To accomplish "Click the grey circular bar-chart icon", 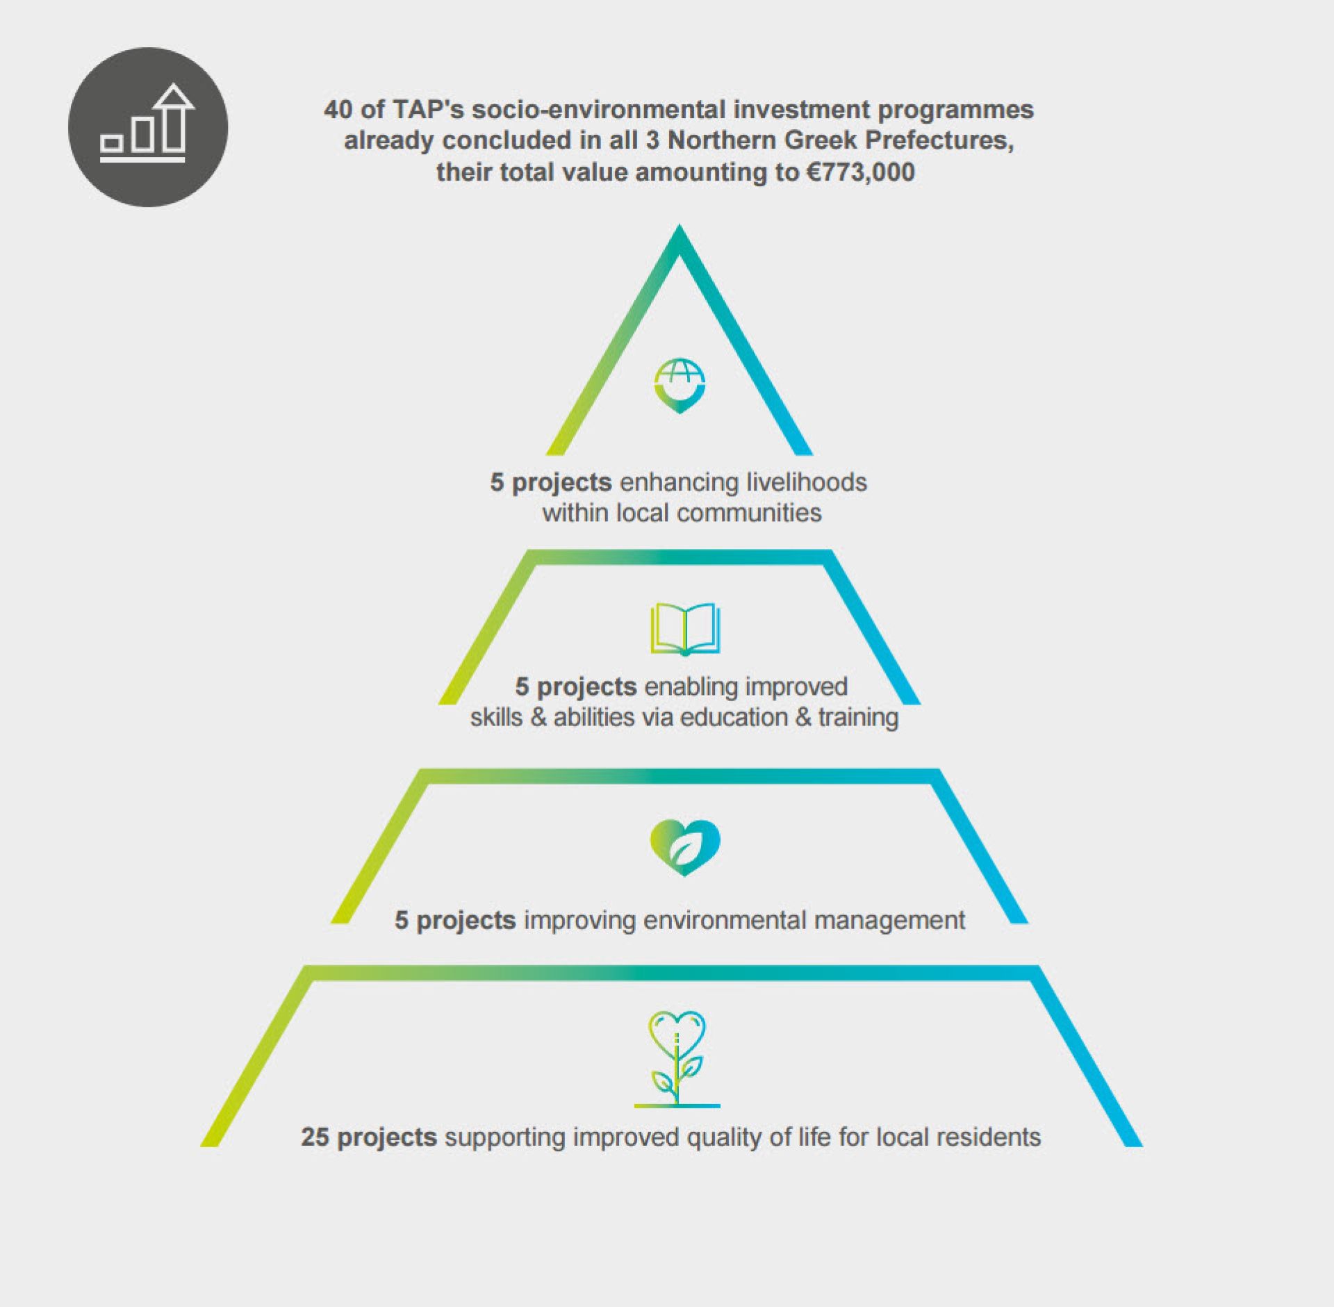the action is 148,127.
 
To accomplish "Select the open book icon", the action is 685,630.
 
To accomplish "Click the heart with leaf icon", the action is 685,848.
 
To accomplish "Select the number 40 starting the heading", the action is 338,110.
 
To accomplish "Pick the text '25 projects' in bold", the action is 369,1137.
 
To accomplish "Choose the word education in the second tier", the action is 738,717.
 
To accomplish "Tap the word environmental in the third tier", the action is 725,920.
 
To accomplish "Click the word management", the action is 890,921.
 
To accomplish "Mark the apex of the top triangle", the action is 680,224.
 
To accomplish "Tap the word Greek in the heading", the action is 823,140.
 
